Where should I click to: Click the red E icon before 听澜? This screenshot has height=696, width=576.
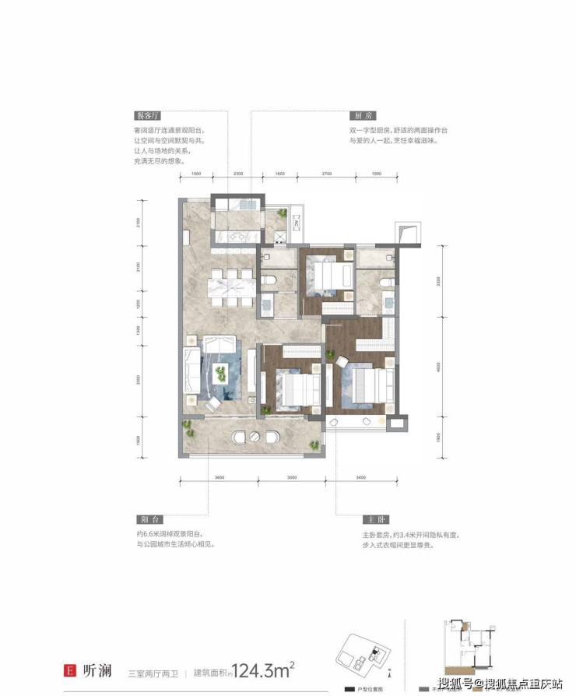(70, 669)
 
